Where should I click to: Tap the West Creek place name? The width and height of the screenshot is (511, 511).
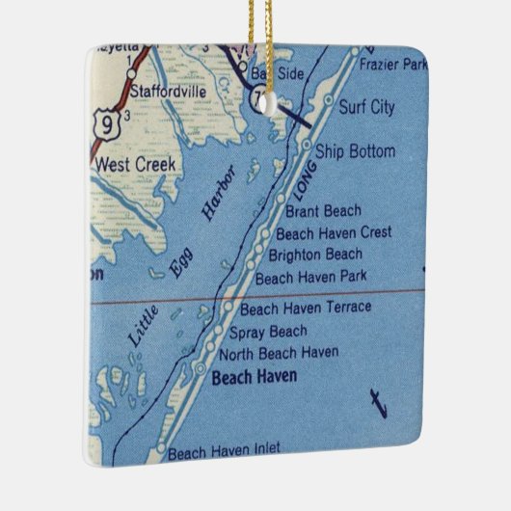pyautogui.click(x=135, y=165)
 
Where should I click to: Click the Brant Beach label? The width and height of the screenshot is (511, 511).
pyautogui.click(x=323, y=211)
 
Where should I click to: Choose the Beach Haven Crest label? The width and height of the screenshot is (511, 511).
pyautogui.click(x=333, y=233)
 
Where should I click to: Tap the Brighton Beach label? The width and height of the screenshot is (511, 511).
pyautogui.click(x=315, y=255)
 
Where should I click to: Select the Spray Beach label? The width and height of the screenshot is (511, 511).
pyautogui.click(x=268, y=332)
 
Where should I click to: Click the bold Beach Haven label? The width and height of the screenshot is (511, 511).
pyautogui.click(x=254, y=376)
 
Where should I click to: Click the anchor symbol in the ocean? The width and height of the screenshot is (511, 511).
pyautogui.click(x=378, y=402)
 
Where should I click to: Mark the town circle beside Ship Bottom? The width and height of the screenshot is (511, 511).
pyautogui.click(x=308, y=146)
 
